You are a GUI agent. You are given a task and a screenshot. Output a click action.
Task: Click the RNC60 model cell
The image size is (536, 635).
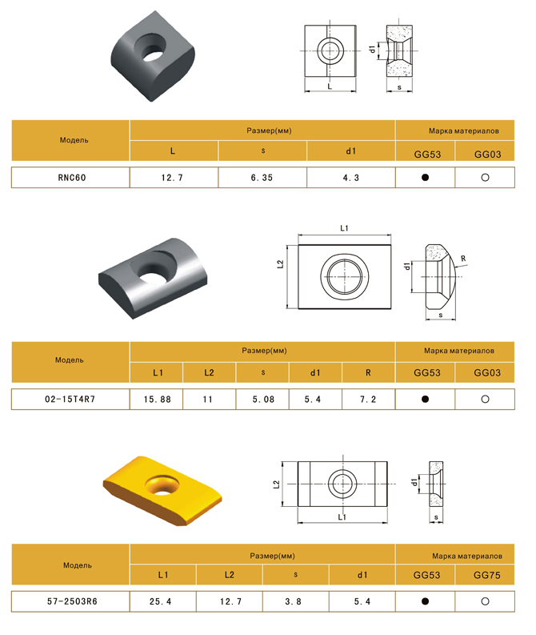[x=70, y=178]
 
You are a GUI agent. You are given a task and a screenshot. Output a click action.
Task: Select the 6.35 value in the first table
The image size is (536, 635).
[x=262, y=178]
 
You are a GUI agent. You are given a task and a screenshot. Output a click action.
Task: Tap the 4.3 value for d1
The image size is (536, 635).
[x=350, y=178]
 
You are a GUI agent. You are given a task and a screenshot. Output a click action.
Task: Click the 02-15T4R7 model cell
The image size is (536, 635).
[x=70, y=400]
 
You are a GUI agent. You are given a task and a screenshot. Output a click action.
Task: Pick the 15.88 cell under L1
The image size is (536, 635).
[x=157, y=400]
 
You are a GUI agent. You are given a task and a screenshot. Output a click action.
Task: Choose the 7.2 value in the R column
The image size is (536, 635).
[x=368, y=400]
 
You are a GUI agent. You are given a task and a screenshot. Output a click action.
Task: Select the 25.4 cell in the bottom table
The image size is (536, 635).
[x=161, y=601]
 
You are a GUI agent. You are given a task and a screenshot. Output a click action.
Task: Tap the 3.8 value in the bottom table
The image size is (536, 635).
[x=294, y=601]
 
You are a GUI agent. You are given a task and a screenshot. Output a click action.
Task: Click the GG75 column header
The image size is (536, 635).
[x=486, y=575]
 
